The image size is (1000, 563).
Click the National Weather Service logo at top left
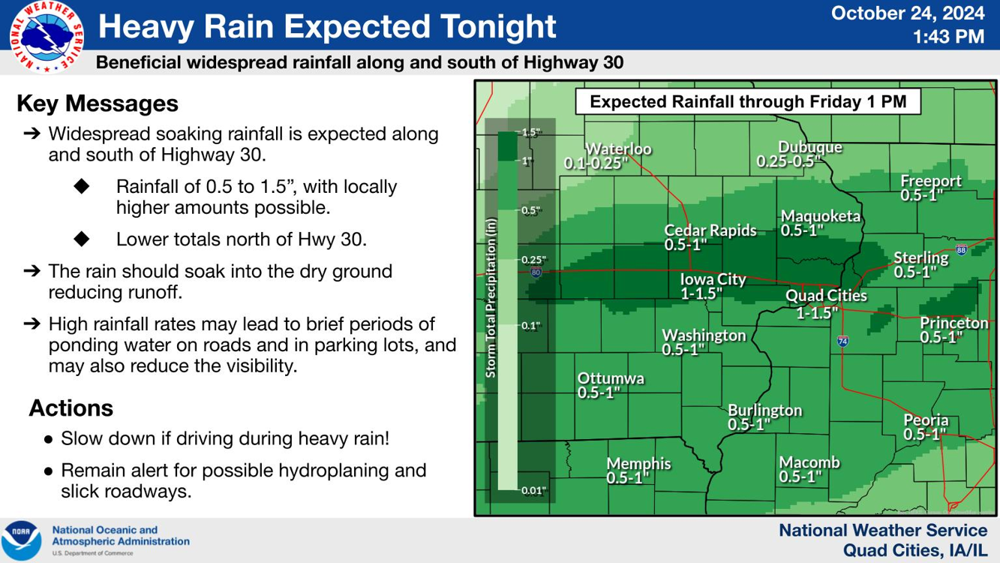pyautogui.click(x=47, y=36)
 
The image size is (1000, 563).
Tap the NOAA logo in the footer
pyautogui.click(x=21, y=540)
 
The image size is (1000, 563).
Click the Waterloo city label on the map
pyautogui.click(x=618, y=149)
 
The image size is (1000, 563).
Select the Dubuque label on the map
pyautogui.click(x=809, y=147)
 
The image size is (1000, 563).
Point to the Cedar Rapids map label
pyautogui.click(x=710, y=230)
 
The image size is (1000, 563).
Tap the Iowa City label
pyautogui.click(x=713, y=279)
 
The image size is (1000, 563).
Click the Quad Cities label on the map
pyautogui.click(x=826, y=296)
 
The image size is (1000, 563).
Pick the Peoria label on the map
pyautogui.click(x=926, y=420)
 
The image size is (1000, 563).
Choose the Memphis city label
pyautogui.click(x=638, y=463)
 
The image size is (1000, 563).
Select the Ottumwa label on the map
pyautogui.click(x=610, y=378)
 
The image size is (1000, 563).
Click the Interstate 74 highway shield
pyautogui.click(x=843, y=341)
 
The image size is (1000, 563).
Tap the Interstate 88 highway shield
pyautogui.click(x=961, y=250)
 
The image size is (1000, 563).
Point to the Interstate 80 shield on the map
pyautogui.click(x=536, y=272)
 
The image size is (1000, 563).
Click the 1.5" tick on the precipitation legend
pyautogui.click(x=530, y=133)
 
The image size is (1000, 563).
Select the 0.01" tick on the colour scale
pyautogui.click(x=533, y=491)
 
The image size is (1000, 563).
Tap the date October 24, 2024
pyautogui.click(x=908, y=13)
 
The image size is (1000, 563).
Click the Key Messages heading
pyautogui.click(x=98, y=104)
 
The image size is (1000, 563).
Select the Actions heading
pyautogui.click(x=71, y=408)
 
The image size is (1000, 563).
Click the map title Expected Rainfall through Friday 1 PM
pyautogui.click(x=748, y=101)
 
